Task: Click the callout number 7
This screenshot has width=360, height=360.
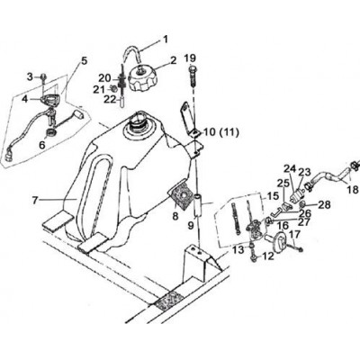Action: [35, 200]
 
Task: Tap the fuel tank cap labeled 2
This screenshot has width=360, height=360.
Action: [142, 78]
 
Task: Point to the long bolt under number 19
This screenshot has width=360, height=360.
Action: [193, 76]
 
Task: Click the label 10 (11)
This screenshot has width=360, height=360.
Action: [221, 132]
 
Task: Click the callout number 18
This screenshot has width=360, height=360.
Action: [354, 190]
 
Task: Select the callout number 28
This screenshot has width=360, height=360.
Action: [325, 205]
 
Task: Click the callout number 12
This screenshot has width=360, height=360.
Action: [268, 256]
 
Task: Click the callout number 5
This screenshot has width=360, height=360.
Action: [84, 61]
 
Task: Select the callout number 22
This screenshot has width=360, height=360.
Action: [110, 99]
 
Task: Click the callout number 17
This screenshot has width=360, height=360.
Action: [294, 235]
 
